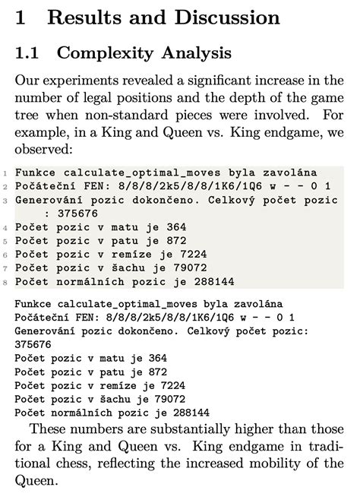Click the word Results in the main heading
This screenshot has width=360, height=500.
click(x=84, y=18)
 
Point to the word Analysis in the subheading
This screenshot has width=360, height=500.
click(x=193, y=53)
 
